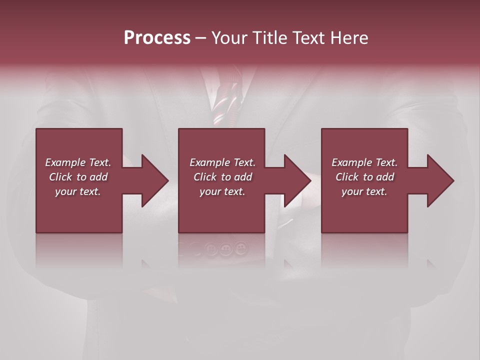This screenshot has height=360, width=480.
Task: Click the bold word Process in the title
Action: pos(157,38)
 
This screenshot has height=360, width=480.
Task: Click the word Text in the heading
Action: pos(308,38)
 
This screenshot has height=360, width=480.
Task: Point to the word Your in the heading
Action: pos(229,38)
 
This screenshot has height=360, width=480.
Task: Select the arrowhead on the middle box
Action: pos(296,180)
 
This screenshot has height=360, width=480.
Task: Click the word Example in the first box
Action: pos(65,162)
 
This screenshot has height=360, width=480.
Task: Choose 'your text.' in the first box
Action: pos(78,191)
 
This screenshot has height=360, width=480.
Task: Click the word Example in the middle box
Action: pos(209,162)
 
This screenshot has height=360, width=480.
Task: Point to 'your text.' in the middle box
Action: pos(222,191)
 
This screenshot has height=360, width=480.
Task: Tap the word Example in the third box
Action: pos(351,162)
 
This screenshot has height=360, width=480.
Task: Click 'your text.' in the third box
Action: pos(364,191)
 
